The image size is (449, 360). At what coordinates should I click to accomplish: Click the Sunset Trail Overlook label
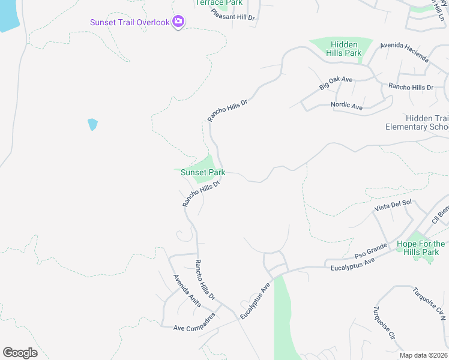[x=129, y=23]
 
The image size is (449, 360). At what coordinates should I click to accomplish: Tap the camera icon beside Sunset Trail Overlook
[x=178, y=22]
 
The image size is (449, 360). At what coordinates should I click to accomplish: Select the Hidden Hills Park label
[x=344, y=49]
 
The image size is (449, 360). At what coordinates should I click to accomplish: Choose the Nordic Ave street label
[x=347, y=106]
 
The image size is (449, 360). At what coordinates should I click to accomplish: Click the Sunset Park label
[x=203, y=172]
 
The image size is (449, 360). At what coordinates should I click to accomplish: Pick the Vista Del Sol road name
[x=393, y=205]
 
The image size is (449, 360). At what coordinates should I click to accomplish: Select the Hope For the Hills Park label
[x=421, y=248]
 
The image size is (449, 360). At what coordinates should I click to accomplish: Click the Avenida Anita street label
[x=187, y=291]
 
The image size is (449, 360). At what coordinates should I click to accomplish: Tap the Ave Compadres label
[x=194, y=328]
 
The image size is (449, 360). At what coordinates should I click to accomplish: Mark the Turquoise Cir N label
[x=430, y=303]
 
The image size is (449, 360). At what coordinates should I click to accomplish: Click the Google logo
[x=20, y=353]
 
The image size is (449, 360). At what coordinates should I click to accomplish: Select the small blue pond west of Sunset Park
[x=92, y=124]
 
